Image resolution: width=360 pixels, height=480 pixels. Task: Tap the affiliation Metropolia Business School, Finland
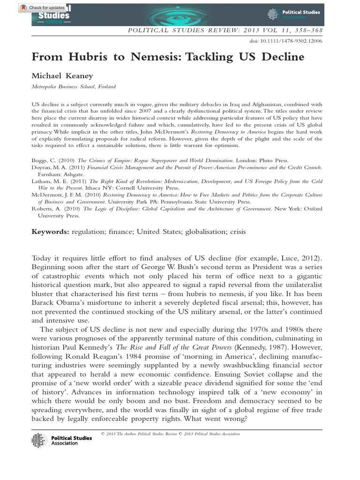(73, 87)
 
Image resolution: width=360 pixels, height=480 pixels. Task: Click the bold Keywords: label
(50, 232)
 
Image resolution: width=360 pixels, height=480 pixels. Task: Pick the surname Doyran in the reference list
(42, 167)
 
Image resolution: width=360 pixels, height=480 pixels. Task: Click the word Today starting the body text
(42, 258)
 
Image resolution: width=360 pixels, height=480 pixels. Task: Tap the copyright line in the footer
(170, 434)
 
